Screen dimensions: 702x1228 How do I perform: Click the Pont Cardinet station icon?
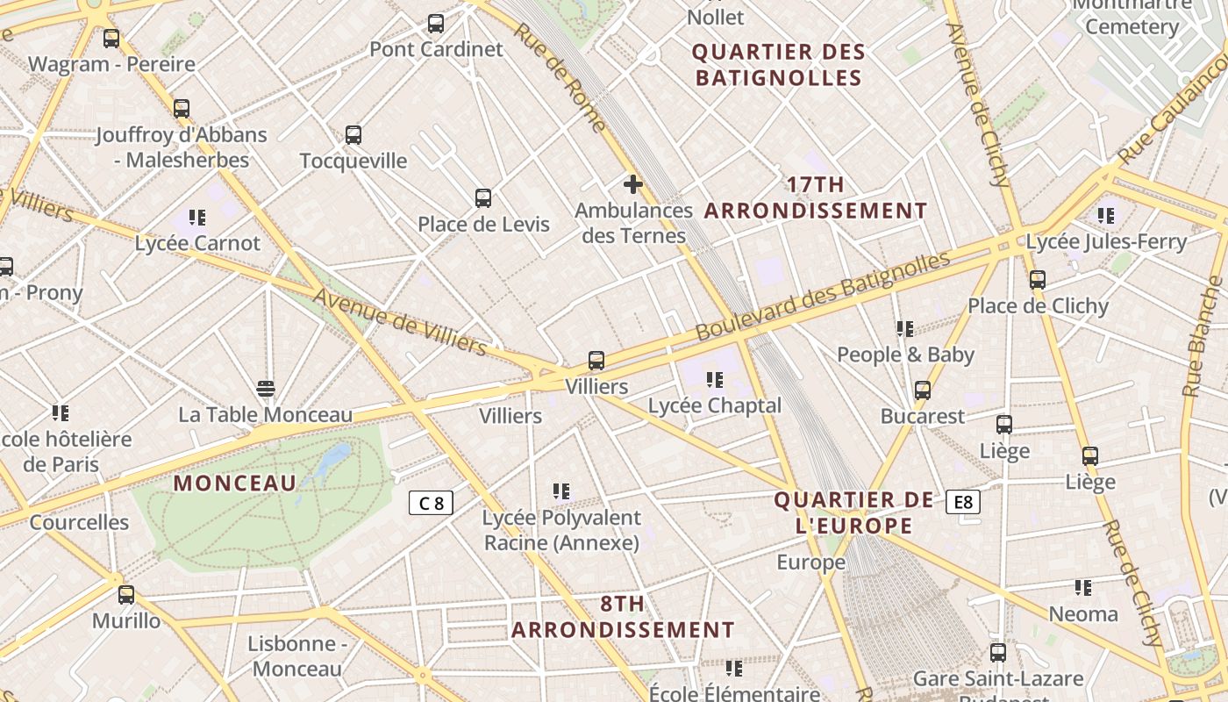pos(436,24)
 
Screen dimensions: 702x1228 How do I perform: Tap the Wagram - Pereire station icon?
pos(111,39)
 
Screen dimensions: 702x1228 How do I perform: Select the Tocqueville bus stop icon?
pos(353,135)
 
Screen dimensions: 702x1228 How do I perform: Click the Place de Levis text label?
pos(483,224)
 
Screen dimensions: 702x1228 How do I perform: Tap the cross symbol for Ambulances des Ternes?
pos(632,184)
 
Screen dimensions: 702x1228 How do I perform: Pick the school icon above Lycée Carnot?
pos(197,217)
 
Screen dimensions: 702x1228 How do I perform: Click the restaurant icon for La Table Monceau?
pos(266,388)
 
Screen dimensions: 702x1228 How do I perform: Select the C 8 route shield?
pos(431,503)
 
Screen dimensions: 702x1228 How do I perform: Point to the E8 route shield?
pos(963,502)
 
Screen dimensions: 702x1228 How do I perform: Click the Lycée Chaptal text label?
pos(715,405)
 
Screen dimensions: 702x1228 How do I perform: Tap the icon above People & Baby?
pos(905,329)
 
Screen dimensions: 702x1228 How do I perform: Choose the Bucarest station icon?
pos(923,390)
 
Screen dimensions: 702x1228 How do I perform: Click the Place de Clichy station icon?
pos(1038,280)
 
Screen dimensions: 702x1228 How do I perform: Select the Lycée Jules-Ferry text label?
pos(1106,241)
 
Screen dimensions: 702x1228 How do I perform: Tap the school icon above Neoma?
pos(1083,588)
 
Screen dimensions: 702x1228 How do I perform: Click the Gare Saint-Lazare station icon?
pos(998,652)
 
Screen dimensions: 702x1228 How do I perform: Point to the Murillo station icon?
pos(126,595)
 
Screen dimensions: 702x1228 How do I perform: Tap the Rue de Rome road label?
pos(560,77)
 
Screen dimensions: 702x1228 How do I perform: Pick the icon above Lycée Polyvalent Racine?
pos(561,491)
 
